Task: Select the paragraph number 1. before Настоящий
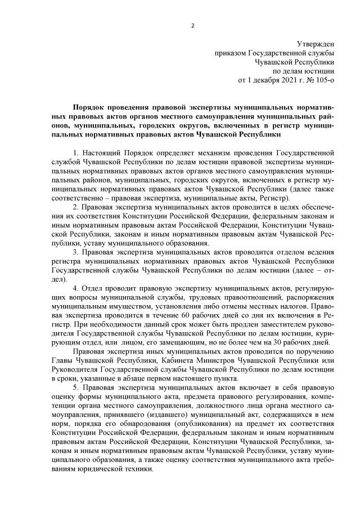(76, 153)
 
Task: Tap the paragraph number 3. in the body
(76, 252)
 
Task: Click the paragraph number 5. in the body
(76, 388)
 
